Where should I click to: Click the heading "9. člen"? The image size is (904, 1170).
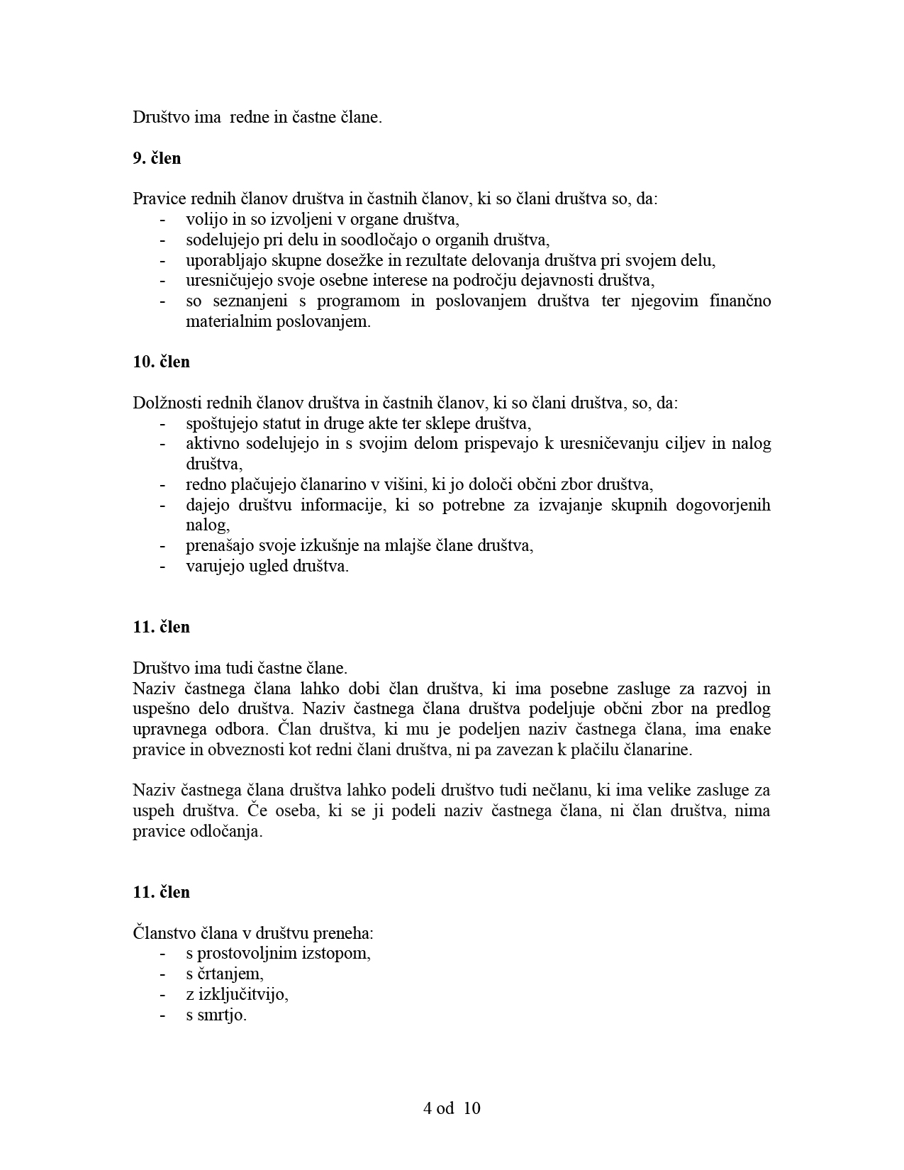157,158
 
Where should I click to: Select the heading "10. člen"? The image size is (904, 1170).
161,362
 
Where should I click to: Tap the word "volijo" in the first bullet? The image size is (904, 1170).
206,220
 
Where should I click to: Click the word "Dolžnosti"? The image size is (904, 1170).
167,403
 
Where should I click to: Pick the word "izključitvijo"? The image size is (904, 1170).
242,994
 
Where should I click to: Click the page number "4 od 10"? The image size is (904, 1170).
452,1108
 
